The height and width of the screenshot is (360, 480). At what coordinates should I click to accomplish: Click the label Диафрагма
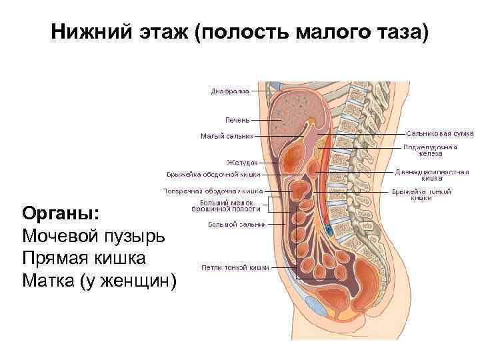point(230,91)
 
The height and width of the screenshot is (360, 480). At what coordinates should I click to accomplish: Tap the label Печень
point(237,120)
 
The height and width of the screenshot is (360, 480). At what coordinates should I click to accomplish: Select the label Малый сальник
point(227,136)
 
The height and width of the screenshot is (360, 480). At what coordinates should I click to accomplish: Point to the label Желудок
point(242,162)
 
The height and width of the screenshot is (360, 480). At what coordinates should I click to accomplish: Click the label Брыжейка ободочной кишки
point(213,175)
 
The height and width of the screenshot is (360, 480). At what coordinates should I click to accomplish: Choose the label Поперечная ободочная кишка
point(213,191)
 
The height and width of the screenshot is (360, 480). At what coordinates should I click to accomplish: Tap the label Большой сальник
point(237,224)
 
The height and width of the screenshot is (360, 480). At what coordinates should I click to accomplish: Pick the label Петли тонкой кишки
point(235,267)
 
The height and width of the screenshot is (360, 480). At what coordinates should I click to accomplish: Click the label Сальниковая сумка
point(439,133)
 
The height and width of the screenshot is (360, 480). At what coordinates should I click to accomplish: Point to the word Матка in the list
point(48,281)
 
